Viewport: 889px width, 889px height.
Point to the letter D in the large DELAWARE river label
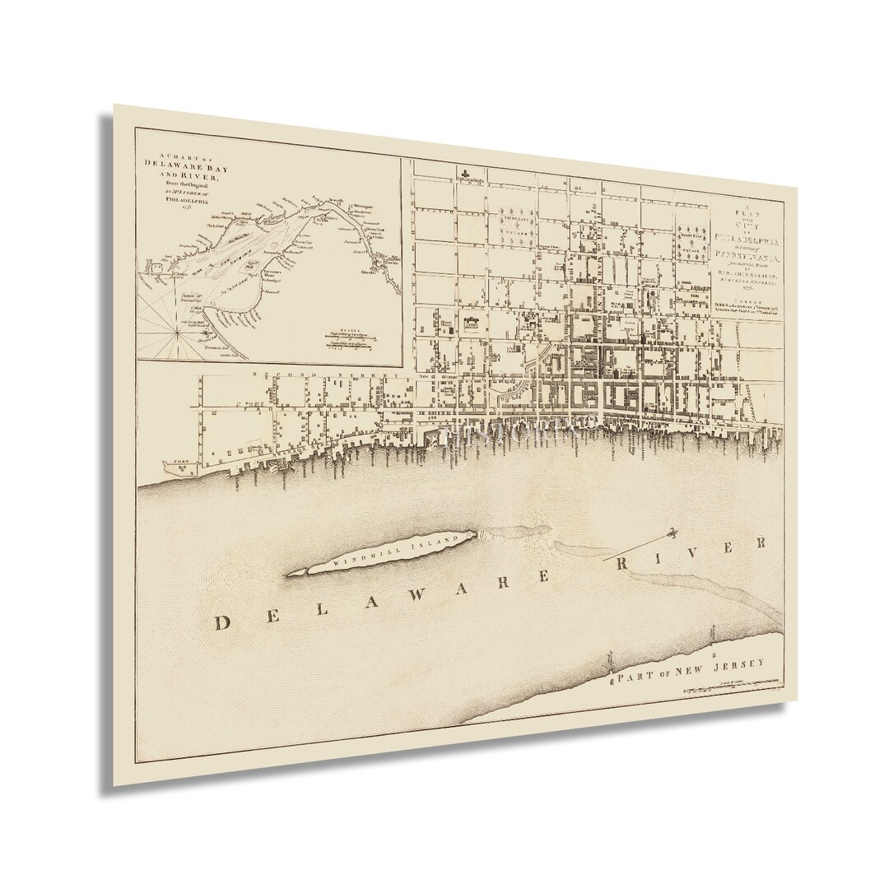click(x=221, y=623)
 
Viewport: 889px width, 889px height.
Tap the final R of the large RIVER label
click(x=761, y=544)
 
